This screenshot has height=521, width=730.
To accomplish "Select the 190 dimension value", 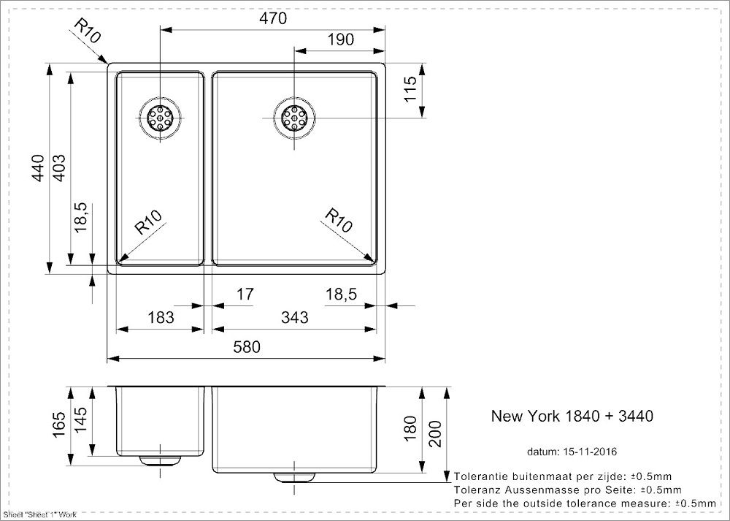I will [x=339, y=40].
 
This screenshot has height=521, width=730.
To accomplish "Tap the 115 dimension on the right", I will [x=410, y=90].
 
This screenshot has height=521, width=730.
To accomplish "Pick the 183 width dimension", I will [x=161, y=318].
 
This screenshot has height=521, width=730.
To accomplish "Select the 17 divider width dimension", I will [x=245, y=294].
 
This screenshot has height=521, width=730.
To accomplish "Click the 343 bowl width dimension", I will [x=295, y=318].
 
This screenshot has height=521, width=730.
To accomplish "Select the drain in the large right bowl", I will [x=294, y=118].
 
